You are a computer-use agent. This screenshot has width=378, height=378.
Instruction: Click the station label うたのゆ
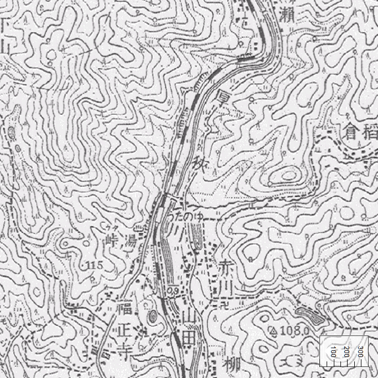pos(187,217)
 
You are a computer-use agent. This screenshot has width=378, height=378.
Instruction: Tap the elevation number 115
pos(95,266)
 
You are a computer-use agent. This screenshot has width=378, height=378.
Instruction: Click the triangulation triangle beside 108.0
pos(272,330)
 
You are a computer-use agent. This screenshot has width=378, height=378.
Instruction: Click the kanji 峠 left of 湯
pos(112,241)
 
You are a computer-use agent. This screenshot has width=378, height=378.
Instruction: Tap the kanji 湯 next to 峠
pos(130,240)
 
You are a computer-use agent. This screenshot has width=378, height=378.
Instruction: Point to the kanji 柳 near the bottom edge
pos(232,365)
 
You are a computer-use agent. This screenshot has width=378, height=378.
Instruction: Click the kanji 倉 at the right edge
pos(351,132)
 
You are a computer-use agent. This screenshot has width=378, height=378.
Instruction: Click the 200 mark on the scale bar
pos(347,351)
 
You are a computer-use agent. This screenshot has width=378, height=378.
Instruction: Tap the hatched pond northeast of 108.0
pos(310,316)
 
